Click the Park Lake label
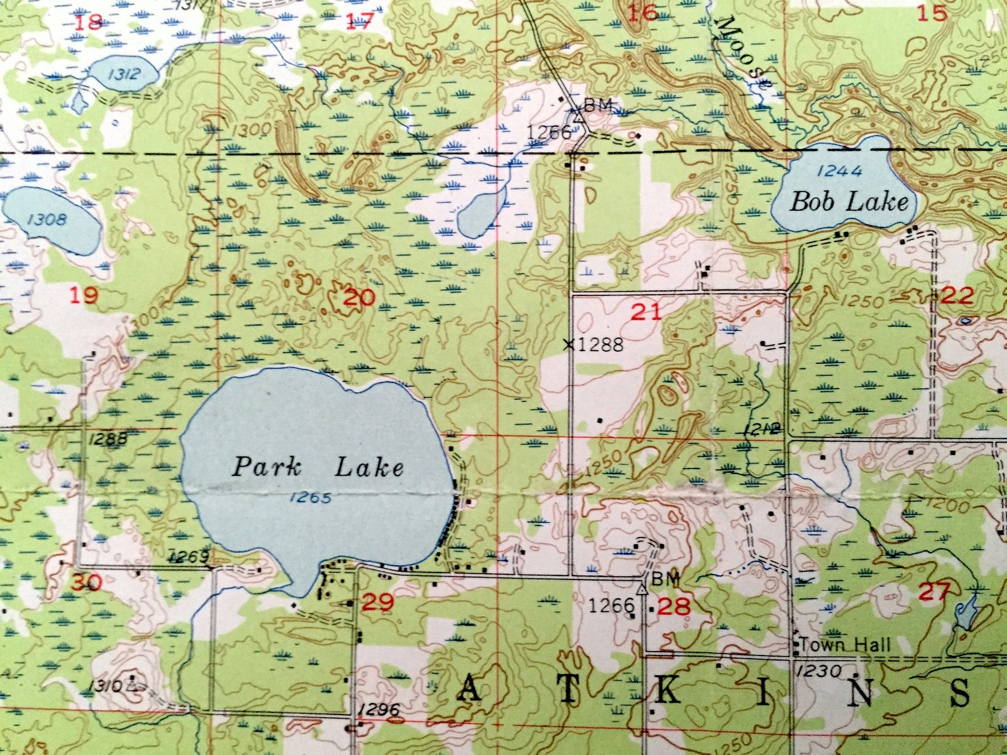tap(317, 467)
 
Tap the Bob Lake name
tap(849, 202)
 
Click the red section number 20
tap(360, 297)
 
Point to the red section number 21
tap(646, 311)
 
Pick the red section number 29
tap(377, 602)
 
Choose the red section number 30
tap(86, 581)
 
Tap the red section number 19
tap(84, 295)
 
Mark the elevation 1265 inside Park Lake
tap(310, 498)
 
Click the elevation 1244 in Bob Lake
tap(840, 170)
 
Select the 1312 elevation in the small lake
tap(124, 74)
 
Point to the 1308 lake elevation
tap(47, 220)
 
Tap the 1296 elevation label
tap(379, 709)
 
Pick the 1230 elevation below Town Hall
tap(818, 671)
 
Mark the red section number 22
tap(956, 295)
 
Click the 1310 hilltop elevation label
tap(119, 685)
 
